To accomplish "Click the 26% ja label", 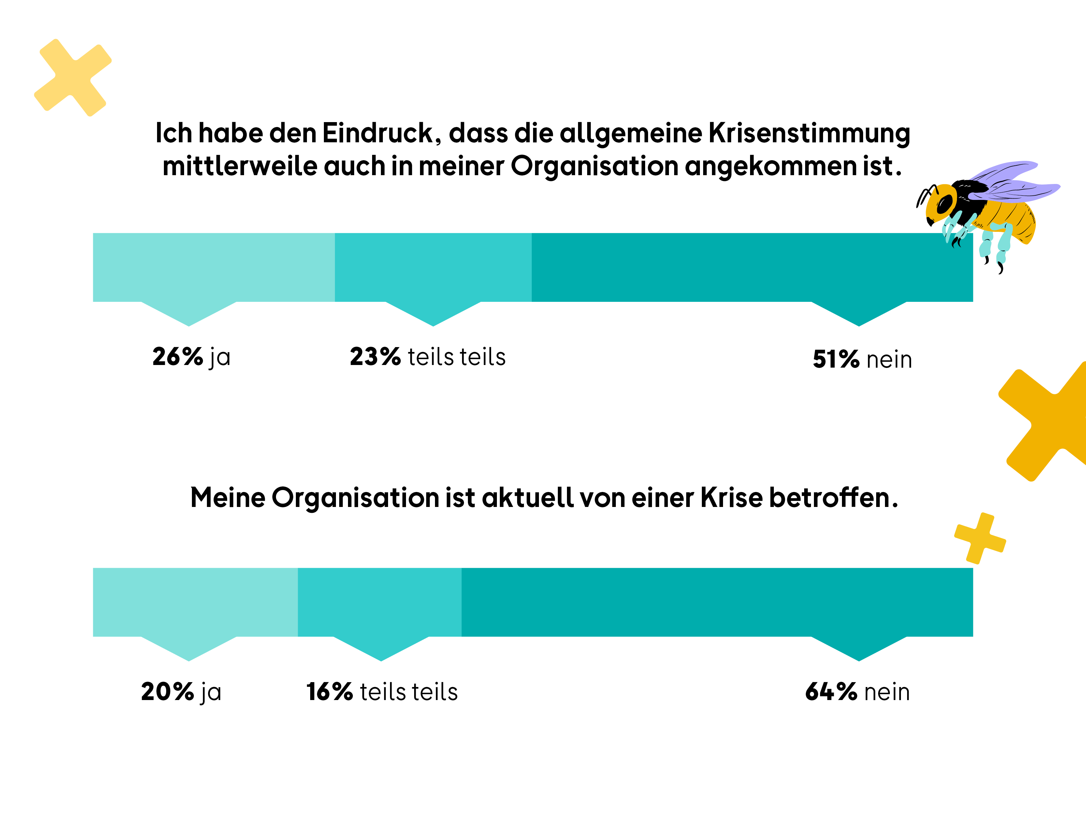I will pos(191,357).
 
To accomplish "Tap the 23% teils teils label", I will pos(427,357).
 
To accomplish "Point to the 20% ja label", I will pos(181,692).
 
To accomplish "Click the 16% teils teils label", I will pos(382,692).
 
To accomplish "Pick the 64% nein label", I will pos(857,692).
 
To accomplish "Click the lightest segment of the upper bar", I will pos(213,267).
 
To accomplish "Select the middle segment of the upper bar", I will pos(433,267).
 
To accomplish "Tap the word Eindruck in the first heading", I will pos(378,133).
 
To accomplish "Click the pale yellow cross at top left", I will pos(73,77).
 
